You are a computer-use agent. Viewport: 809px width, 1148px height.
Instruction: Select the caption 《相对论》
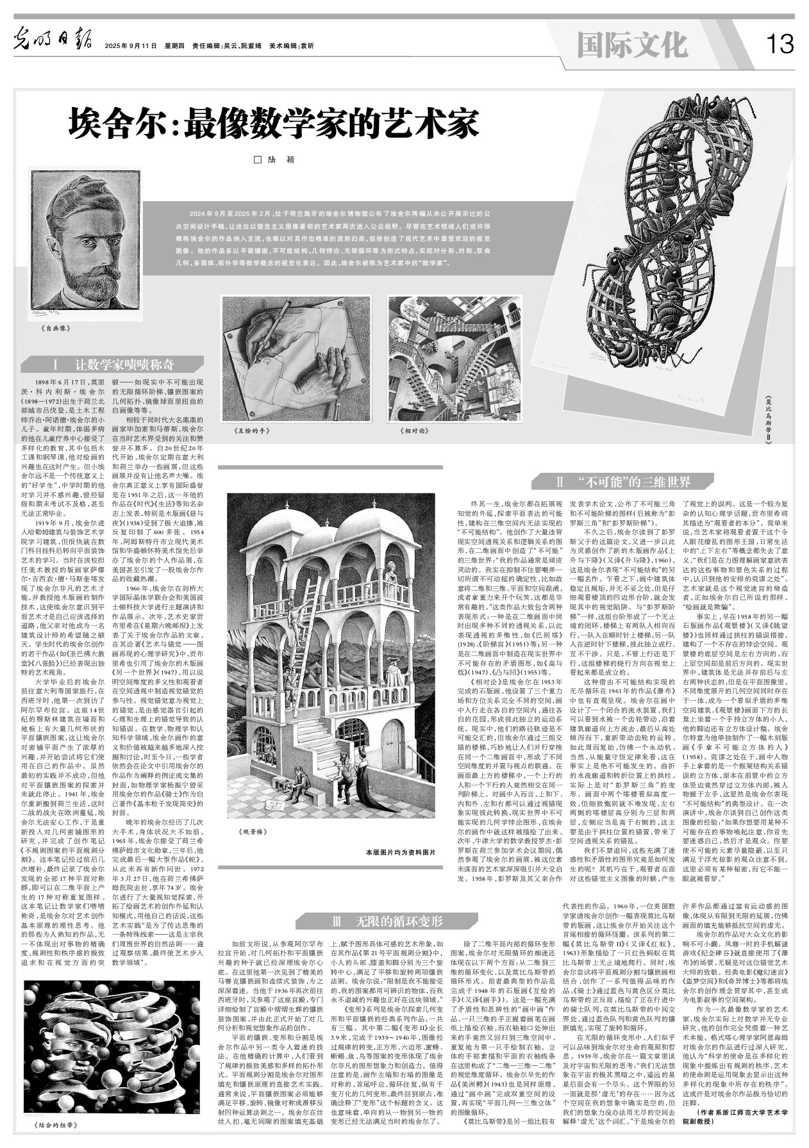(x=413, y=432)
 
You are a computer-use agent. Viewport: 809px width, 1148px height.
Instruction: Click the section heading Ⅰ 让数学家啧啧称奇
(x=113, y=365)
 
